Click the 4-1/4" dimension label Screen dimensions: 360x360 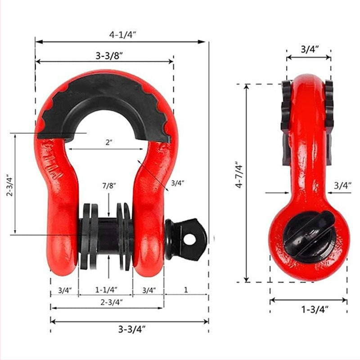pos(122,35)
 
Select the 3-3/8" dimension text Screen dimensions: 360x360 pos(109,56)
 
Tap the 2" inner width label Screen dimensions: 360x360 pos(109,142)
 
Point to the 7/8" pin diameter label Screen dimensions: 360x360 pos(109,186)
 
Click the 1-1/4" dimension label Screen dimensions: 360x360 pos(106,290)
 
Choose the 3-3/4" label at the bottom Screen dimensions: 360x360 pos(132,329)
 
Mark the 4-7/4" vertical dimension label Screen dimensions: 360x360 pos(239,175)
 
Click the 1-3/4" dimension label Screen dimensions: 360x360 pos(315,310)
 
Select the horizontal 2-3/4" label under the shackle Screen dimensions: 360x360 pos(112,302)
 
